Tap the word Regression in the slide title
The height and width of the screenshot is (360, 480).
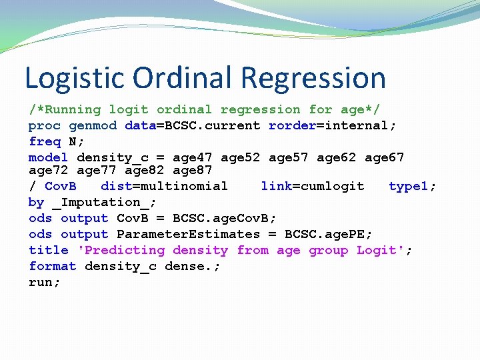click(x=313, y=78)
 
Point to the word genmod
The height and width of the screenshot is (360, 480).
click(x=93, y=125)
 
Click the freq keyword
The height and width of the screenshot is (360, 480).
click(x=45, y=141)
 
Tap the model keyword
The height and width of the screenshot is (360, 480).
click(x=48, y=157)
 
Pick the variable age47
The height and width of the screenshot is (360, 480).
click(x=193, y=157)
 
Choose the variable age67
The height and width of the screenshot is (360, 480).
click(x=385, y=157)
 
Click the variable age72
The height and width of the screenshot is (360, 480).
click(x=48, y=170)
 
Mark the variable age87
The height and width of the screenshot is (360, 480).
click(x=192, y=170)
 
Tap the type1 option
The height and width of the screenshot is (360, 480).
click(x=409, y=186)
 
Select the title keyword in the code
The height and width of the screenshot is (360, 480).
click(x=48, y=250)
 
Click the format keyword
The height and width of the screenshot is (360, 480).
click(x=53, y=266)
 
